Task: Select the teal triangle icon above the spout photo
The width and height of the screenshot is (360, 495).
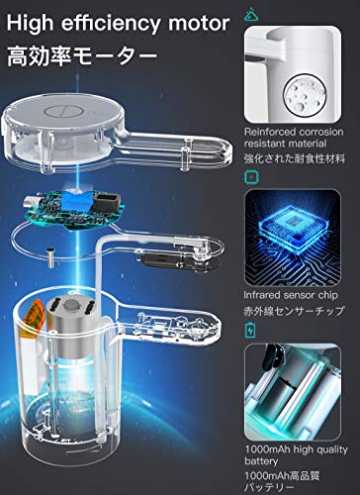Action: [256, 12]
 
